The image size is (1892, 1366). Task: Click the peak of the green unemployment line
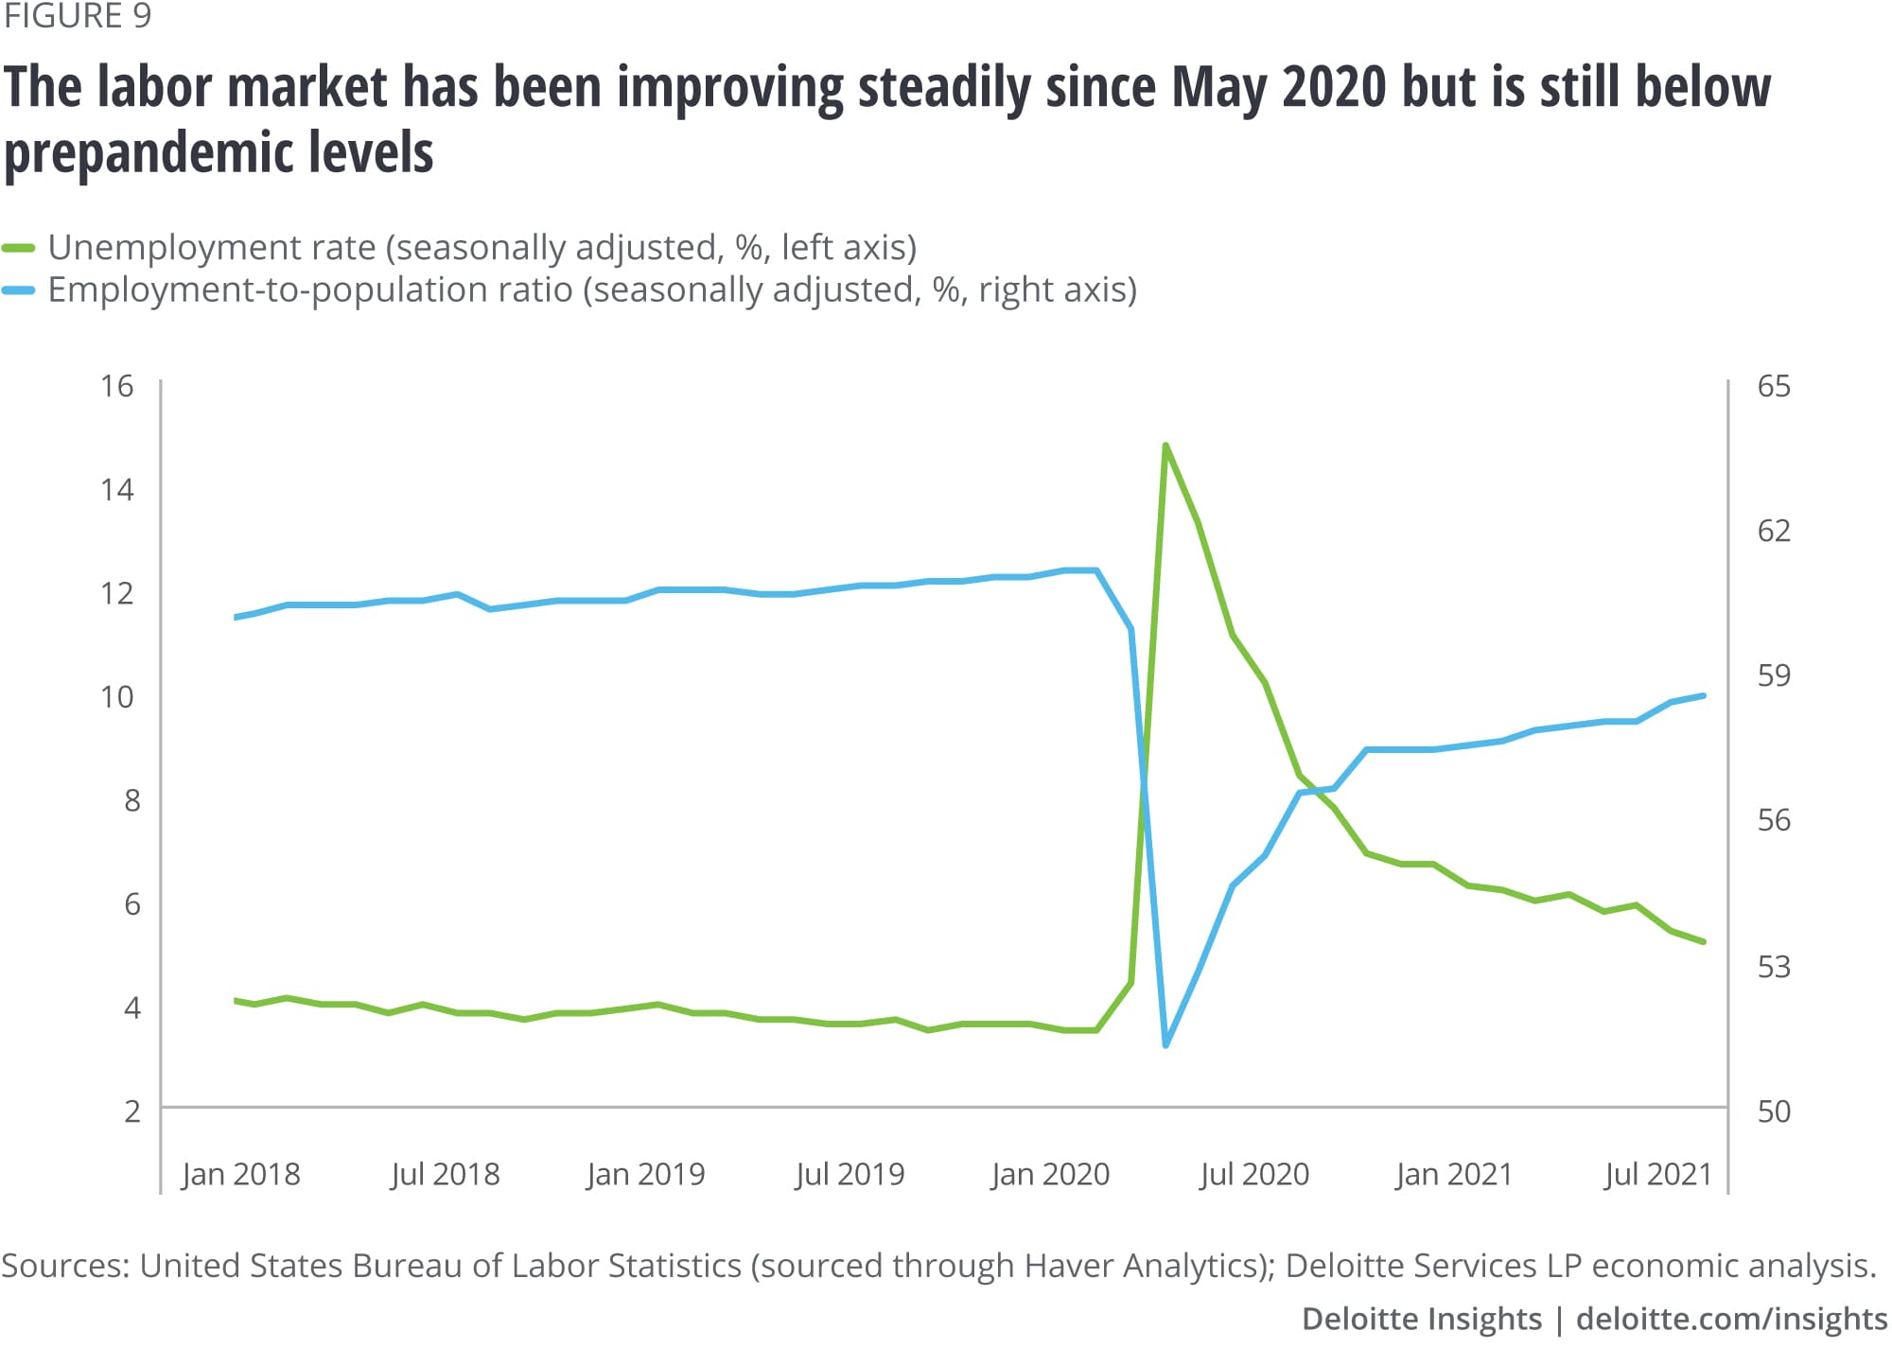click(1165, 445)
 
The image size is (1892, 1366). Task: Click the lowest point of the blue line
click(1165, 1045)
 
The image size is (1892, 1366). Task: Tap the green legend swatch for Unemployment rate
click(19, 248)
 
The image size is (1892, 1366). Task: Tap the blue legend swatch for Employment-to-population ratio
click(19, 290)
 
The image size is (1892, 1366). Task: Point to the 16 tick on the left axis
click(117, 386)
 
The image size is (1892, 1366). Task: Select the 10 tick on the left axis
click(117, 697)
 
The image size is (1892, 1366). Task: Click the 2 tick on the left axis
click(132, 1112)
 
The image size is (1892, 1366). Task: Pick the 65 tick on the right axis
click(1774, 386)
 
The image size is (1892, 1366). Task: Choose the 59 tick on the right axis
click(1774, 675)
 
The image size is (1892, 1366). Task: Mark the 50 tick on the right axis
click(1774, 1112)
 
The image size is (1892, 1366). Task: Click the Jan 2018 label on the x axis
click(240, 1174)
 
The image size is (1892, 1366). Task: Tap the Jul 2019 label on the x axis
click(850, 1174)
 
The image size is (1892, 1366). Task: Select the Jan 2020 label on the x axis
click(1050, 1174)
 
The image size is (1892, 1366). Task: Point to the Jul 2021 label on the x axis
click(1657, 1174)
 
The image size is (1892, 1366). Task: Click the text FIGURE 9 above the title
click(78, 17)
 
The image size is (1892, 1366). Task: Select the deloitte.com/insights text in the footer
click(1731, 1319)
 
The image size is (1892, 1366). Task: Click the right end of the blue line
click(1704, 695)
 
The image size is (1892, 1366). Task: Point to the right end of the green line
click(1704, 941)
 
